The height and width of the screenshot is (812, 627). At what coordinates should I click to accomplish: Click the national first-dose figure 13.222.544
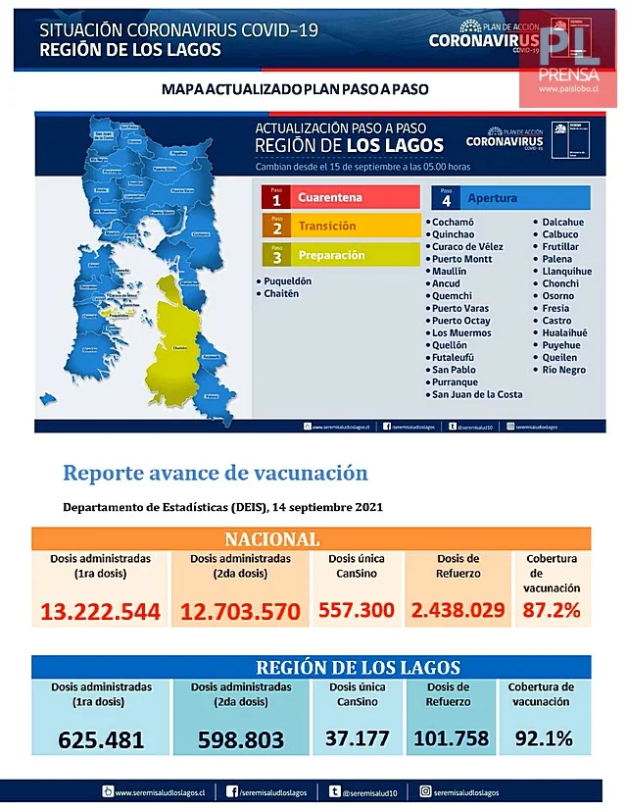[x=100, y=611]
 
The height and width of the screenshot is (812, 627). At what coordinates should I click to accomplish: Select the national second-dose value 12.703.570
[x=240, y=612]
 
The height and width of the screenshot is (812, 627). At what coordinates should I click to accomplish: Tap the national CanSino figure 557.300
[x=356, y=610]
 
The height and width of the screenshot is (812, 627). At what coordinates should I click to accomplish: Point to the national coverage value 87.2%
[x=553, y=610]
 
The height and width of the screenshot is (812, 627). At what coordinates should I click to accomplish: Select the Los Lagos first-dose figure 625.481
[x=101, y=739]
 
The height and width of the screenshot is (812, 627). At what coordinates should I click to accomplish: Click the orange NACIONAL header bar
[x=311, y=539]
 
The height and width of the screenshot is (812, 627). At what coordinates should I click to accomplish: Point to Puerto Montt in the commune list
[x=463, y=259]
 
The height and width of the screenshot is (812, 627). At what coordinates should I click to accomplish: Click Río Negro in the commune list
[x=564, y=370]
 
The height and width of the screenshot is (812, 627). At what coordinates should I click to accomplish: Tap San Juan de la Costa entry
[x=477, y=394]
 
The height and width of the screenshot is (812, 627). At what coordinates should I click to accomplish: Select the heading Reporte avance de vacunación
[x=216, y=473]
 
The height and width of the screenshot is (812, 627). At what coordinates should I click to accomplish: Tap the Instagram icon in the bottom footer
[x=425, y=791]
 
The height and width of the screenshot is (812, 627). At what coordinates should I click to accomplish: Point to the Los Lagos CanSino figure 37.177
[x=359, y=737]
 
